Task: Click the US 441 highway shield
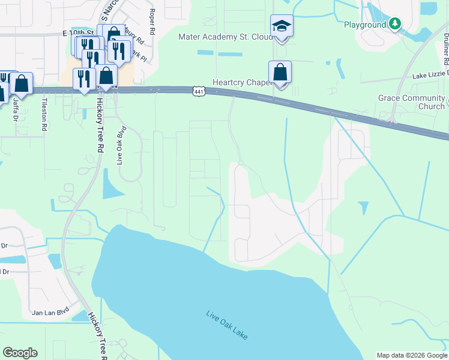[x=199, y=91]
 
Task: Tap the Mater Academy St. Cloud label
[x=225, y=37]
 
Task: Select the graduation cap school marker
[x=281, y=27]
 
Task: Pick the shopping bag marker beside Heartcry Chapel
[x=280, y=73]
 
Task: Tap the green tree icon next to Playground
[x=394, y=24]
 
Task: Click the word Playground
[x=364, y=25]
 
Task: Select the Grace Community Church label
[x=411, y=102]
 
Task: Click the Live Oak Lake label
[x=227, y=325]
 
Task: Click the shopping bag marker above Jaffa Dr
[x=21, y=85]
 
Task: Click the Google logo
[x=20, y=353]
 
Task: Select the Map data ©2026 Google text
[x=411, y=355]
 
